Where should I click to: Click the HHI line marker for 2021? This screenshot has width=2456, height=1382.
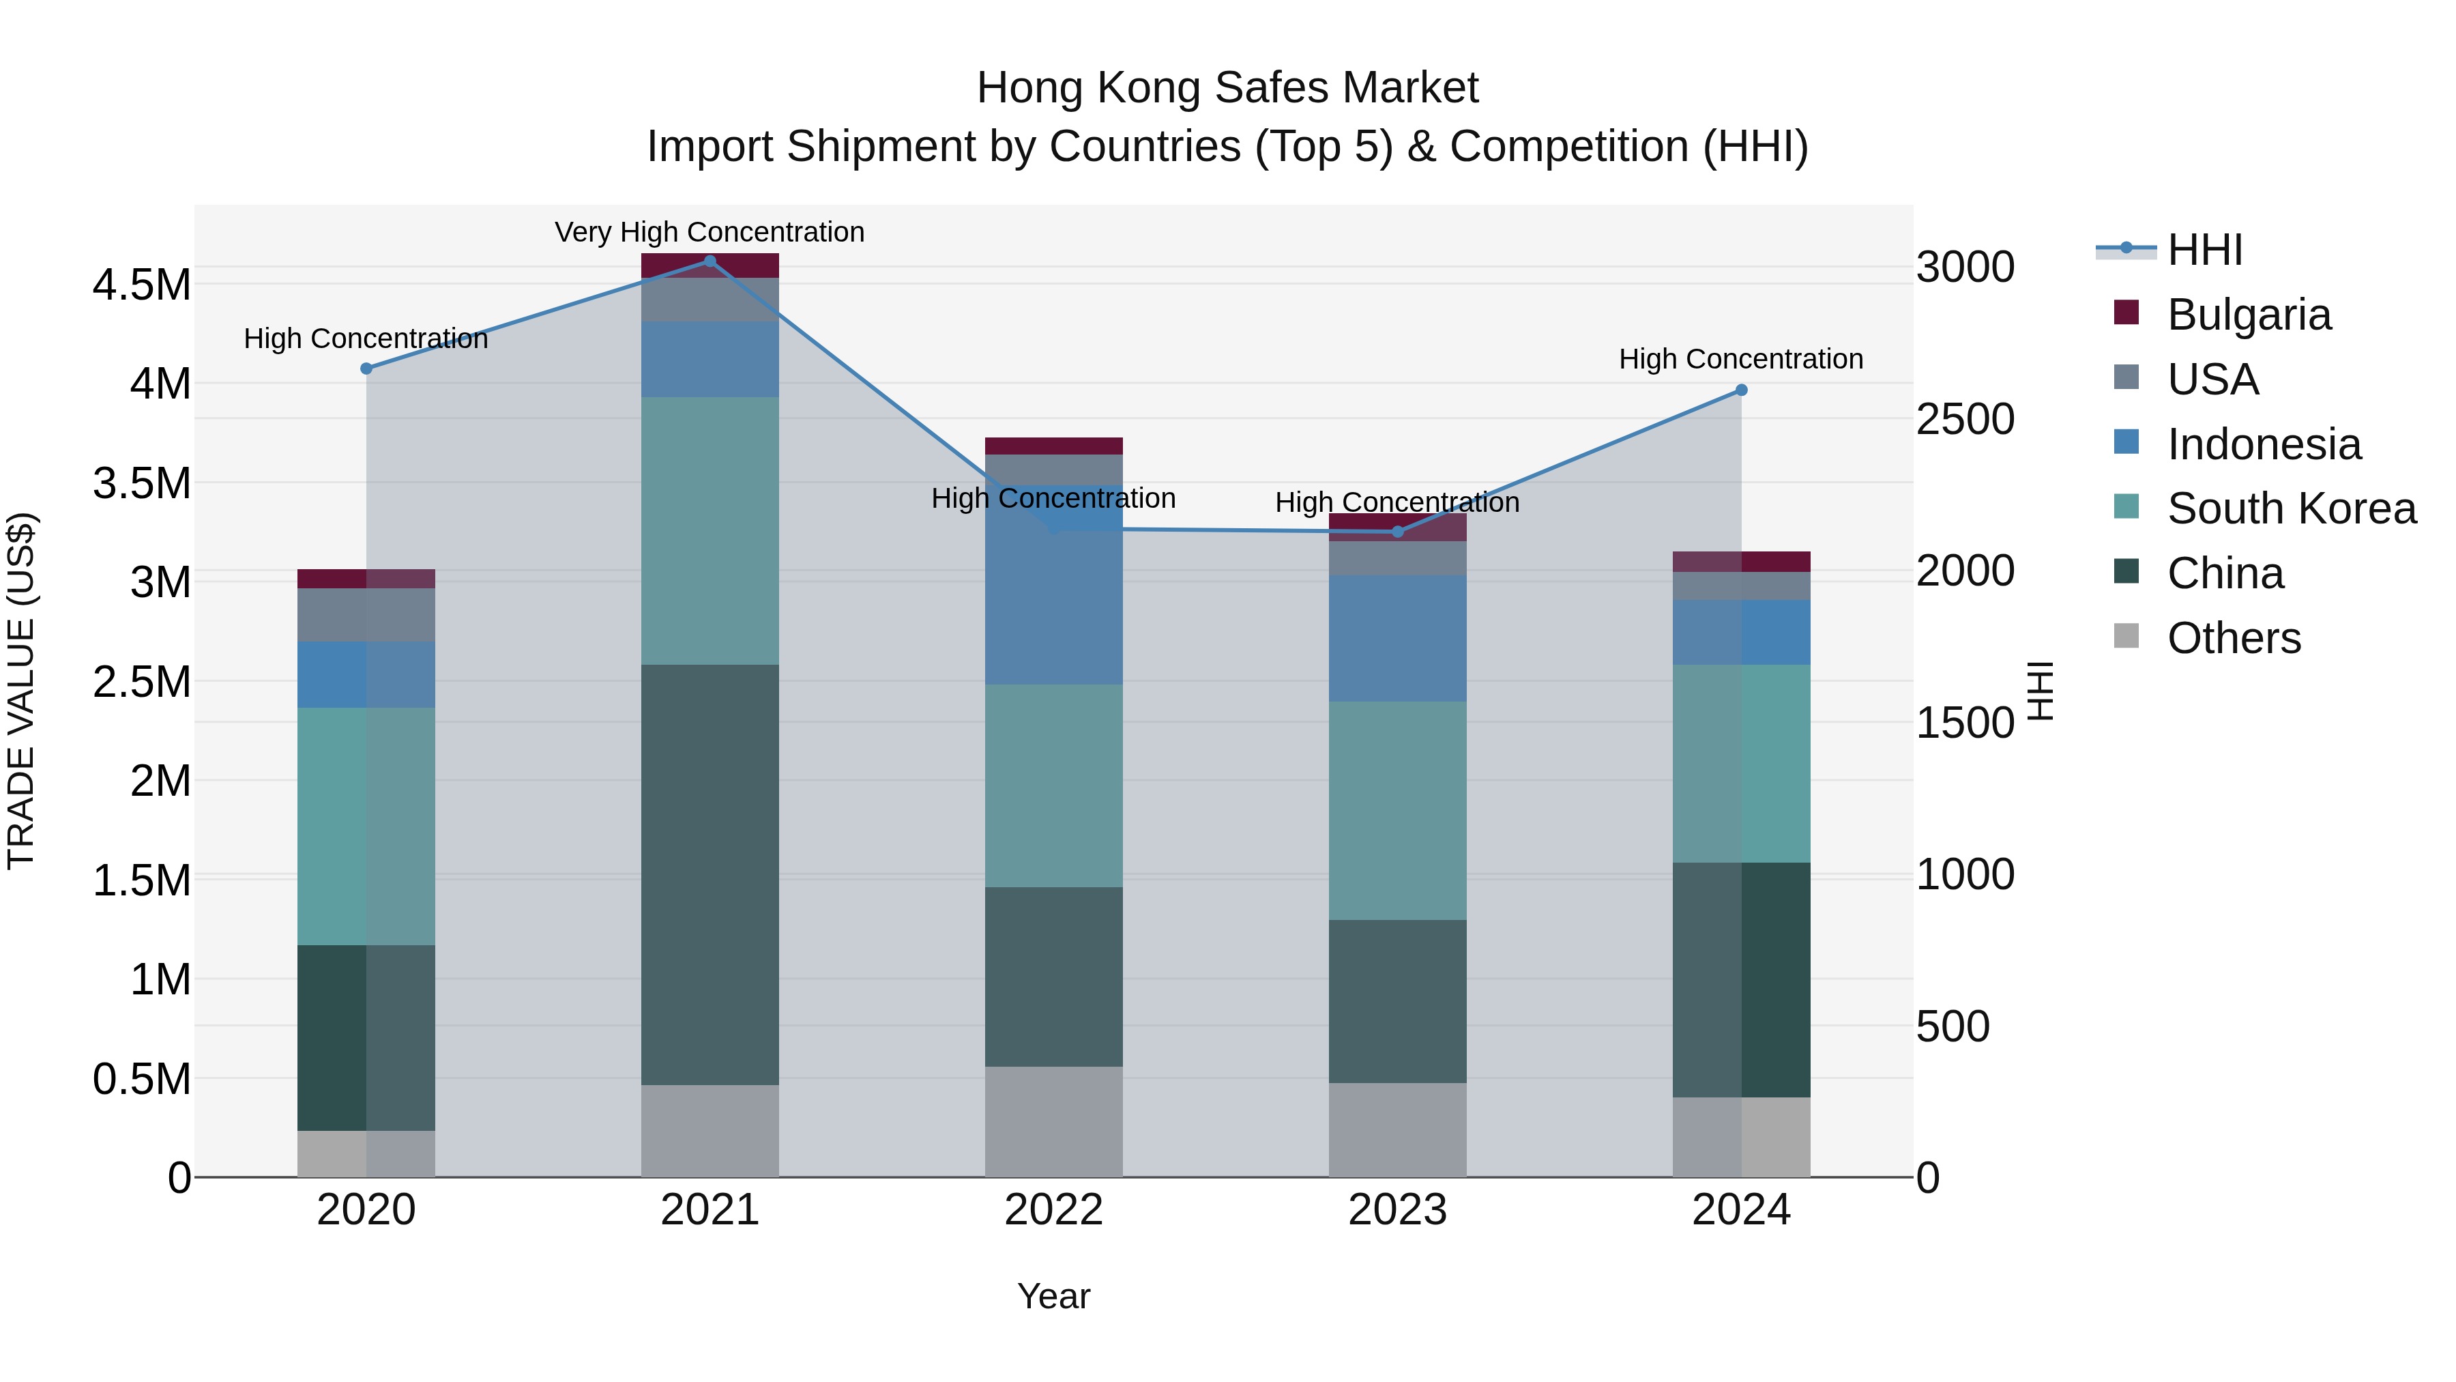710,261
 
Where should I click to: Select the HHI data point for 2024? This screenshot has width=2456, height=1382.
1741,390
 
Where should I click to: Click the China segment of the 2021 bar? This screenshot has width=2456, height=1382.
710,875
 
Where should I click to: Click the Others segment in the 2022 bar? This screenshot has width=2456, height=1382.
1053,1121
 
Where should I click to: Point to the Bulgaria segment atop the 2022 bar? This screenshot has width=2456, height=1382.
1053,446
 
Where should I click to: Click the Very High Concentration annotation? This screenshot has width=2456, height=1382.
710,233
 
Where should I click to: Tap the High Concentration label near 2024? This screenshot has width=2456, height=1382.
1741,360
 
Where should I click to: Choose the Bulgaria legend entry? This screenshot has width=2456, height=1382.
2248,315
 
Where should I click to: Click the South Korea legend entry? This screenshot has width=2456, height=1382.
2290,508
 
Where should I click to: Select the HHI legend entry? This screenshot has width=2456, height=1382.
2204,250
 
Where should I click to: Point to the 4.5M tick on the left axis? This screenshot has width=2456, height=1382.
141,285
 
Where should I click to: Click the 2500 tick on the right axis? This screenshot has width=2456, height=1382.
1966,420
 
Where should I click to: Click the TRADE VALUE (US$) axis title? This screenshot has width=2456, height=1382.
21,691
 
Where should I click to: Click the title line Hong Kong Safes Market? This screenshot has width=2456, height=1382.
1227,89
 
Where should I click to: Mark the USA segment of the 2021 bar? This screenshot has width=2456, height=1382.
710,300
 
